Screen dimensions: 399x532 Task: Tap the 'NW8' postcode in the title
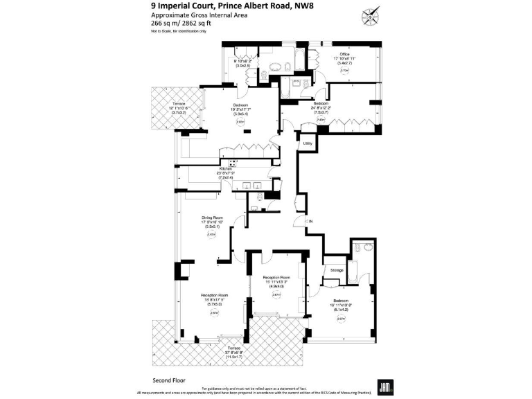(303, 8)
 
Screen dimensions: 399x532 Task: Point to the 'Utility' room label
(308, 143)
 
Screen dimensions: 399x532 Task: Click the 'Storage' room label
(337, 269)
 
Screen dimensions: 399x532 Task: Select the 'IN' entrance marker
(311, 220)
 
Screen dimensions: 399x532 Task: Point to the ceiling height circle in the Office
(344, 71)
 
